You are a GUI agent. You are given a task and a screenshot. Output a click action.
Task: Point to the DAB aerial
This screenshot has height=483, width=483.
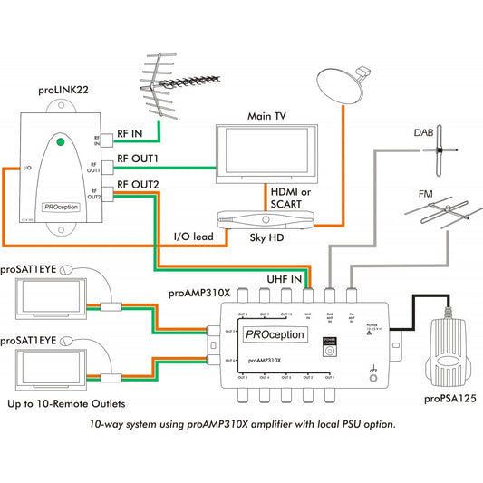pos(442,149)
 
